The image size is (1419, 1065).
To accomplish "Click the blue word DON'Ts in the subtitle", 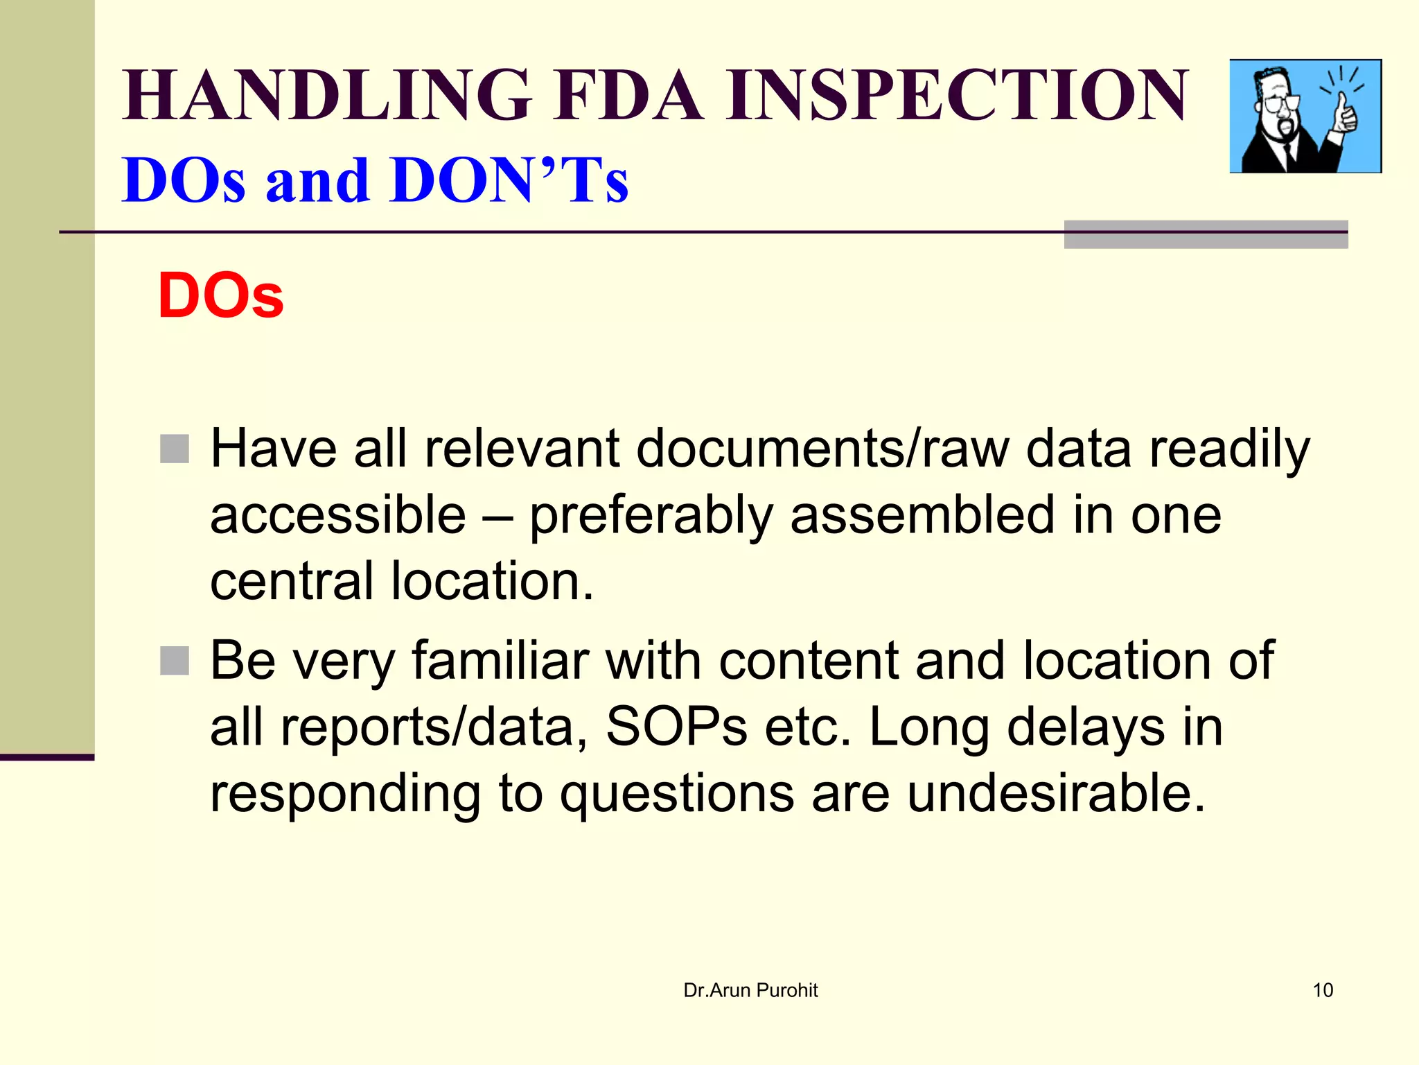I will click(x=509, y=180).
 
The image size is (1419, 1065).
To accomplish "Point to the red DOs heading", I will click(x=220, y=295).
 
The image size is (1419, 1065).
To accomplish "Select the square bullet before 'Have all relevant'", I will click(x=175, y=449).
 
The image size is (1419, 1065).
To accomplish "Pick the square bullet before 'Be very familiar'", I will click(x=175, y=660).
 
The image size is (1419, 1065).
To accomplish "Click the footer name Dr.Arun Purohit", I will click(x=750, y=990).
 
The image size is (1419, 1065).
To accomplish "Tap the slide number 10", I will click(x=1323, y=990).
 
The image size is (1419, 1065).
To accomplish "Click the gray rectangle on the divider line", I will click(x=1206, y=235).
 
